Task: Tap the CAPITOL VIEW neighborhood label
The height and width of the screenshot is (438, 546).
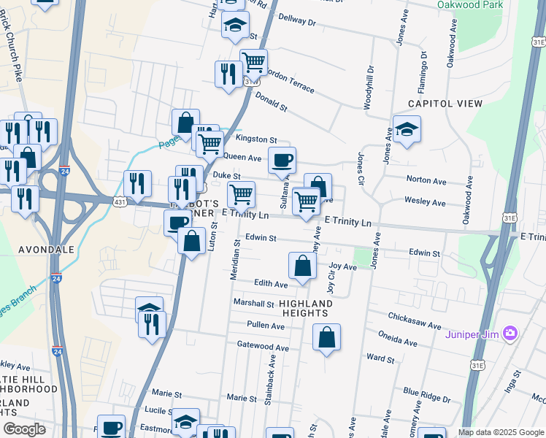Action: (445, 104)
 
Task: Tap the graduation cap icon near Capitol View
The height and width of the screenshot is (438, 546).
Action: (407, 129)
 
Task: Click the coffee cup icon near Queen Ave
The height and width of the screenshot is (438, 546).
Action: (282, 160)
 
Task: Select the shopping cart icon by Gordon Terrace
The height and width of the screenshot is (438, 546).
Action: (253, 62)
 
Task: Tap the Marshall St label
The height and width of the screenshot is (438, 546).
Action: (253, 303)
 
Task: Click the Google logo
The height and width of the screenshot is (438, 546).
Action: (24, 429)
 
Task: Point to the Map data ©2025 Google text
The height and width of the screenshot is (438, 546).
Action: (501, 432)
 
